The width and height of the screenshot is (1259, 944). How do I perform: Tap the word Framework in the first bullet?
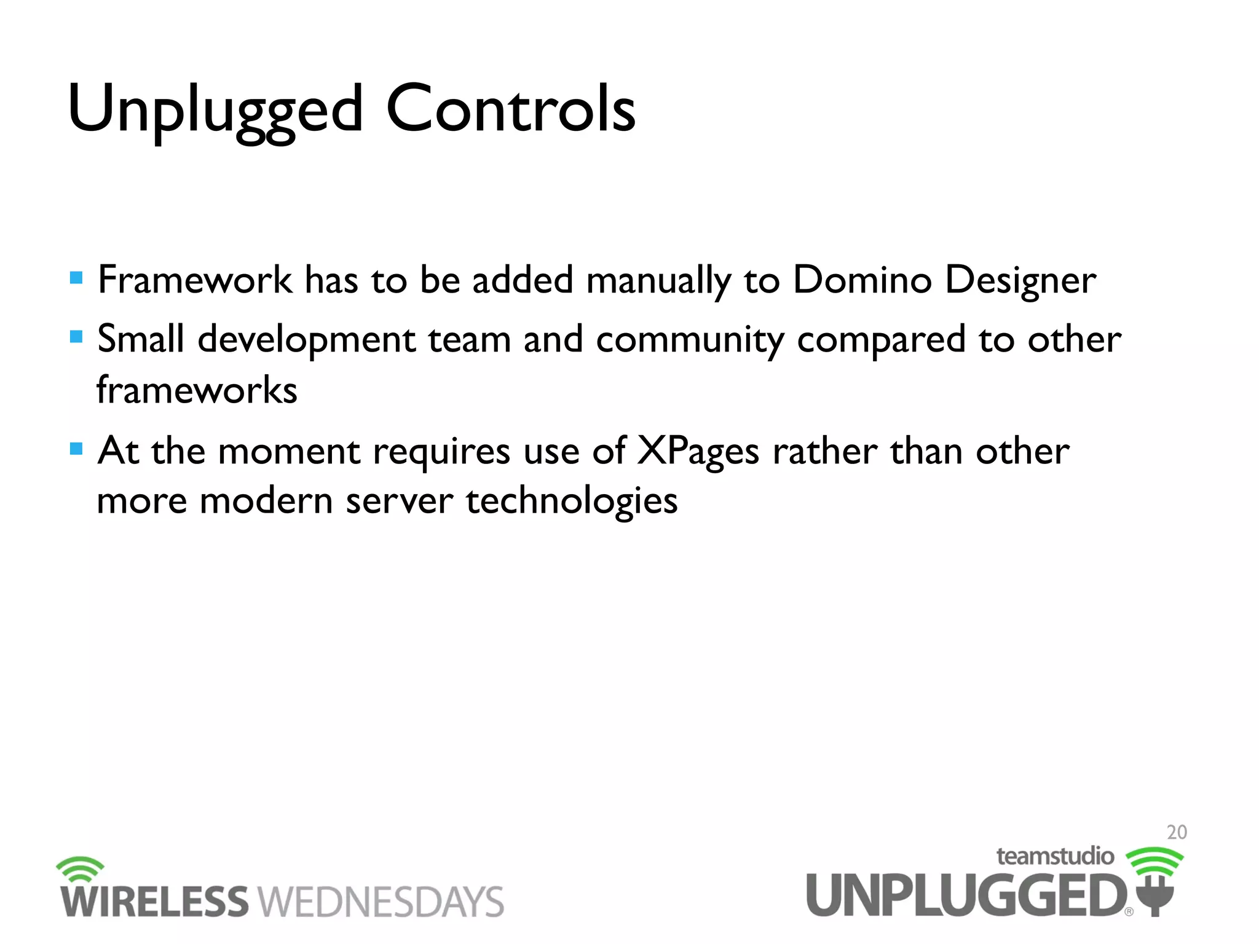click(194, 280)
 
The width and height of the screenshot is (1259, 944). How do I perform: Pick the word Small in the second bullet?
click(141, 339)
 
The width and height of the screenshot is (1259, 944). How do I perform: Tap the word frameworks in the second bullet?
click(197, 390)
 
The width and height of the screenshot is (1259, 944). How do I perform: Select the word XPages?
click(698, 452)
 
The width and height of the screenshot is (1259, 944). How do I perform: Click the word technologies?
click(572, 502)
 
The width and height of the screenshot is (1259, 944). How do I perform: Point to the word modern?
click(266, 500)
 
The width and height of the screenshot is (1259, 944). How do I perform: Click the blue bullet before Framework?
click(76, 278)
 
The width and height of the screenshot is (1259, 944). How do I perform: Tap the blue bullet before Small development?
click(76, 337)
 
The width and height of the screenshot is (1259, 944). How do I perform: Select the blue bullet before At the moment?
click(76, 449)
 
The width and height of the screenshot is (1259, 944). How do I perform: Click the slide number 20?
click(1177, 832)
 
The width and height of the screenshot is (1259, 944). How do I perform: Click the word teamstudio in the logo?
click(1055, 856)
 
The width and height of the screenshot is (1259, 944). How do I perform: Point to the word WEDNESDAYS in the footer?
click(381, 902)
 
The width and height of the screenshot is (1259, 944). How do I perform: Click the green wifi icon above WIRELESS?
click(80, 868)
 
